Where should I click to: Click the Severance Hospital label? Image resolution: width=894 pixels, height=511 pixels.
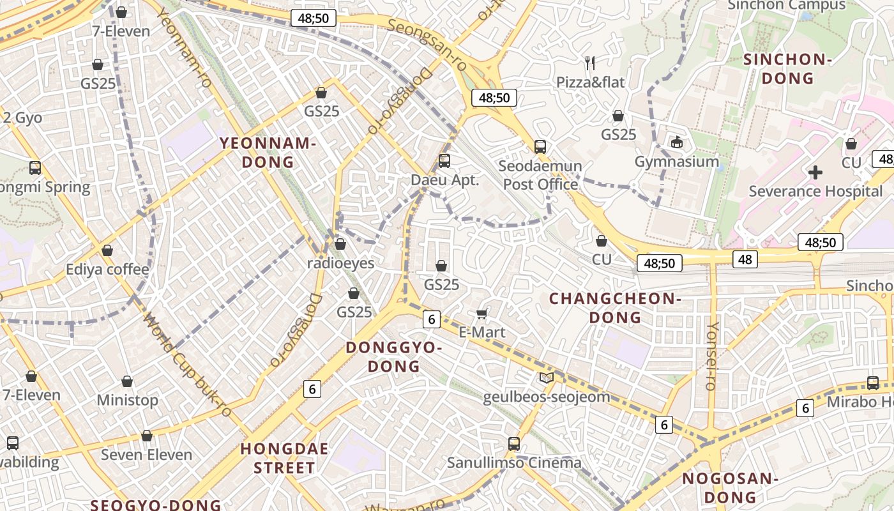pos(815,191)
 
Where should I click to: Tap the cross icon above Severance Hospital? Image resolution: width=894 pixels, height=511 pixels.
pos(815,172)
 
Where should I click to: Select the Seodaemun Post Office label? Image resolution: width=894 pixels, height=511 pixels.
pos(540,175)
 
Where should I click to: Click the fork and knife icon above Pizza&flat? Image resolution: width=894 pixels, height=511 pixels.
pos(590,63)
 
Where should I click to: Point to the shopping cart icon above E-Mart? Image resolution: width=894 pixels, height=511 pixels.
pos(482,314)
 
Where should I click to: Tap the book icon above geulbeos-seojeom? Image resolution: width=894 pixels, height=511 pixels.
pos(546,378)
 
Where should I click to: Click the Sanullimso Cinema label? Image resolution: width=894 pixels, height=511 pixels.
pos(514,462)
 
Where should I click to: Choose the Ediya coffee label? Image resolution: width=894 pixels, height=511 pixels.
pos(107,269)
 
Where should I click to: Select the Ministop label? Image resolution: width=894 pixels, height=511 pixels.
pos(127,400)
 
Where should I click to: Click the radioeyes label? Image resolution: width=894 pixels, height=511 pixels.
pos(340,263)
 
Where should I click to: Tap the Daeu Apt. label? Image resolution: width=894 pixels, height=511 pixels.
pos(444,179)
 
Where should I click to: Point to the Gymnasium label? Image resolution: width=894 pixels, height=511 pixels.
pos(676,161)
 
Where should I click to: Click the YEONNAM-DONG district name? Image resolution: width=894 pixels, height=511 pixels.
pos(268,152)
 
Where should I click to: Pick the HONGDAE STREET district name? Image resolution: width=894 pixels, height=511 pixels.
pos(284,458)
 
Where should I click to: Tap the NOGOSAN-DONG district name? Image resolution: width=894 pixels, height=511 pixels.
pos(729,487)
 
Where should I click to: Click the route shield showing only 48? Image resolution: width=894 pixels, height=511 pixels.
pos(745,259)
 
